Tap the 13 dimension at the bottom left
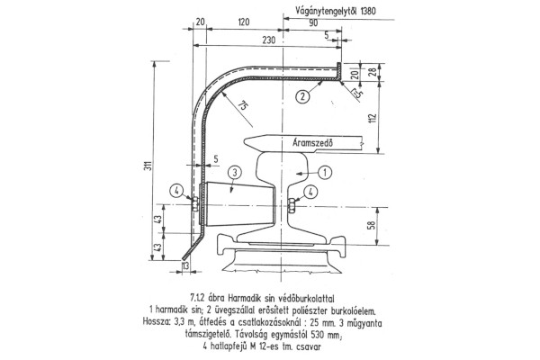point(185,265)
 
